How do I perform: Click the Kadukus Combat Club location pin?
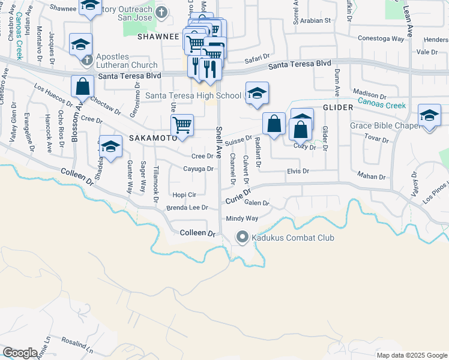(243, 238)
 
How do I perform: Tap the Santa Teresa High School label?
(193, 95)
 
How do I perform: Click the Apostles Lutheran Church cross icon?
(86, 61)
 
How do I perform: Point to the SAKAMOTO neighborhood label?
(152, 137)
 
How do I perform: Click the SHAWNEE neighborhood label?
(159, 37)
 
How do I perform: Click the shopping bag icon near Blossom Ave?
(82, 86)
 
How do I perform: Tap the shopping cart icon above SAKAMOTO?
(182, 125)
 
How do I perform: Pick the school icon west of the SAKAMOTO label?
(111, 146)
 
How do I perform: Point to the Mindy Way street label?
(242, 219)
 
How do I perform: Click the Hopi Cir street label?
(184, 195)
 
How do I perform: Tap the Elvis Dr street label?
(297, 171)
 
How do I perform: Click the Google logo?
(20, 353)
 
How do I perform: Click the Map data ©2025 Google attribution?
(411, 355)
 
